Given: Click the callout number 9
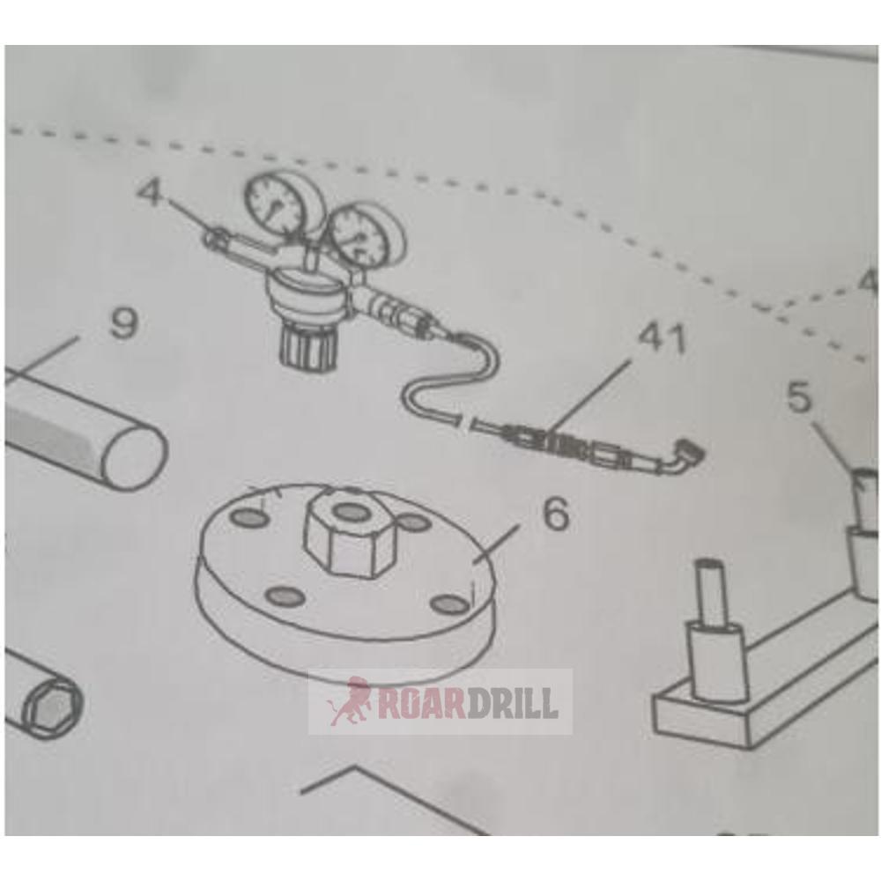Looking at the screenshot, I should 122,325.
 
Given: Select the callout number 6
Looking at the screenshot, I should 556,515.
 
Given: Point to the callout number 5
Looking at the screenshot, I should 798,397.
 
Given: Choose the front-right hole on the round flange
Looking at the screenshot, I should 450,603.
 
